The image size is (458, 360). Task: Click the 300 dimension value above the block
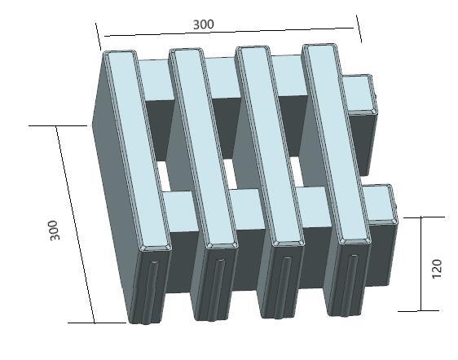tap(203, 24)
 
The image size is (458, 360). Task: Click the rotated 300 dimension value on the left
tap(55, 230)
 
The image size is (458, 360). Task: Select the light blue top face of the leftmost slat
tap(135, 147)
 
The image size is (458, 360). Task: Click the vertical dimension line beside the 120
tap(421, 265)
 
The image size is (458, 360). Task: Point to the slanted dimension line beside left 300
tap(75, 224)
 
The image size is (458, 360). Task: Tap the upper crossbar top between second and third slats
tap(219, 78)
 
